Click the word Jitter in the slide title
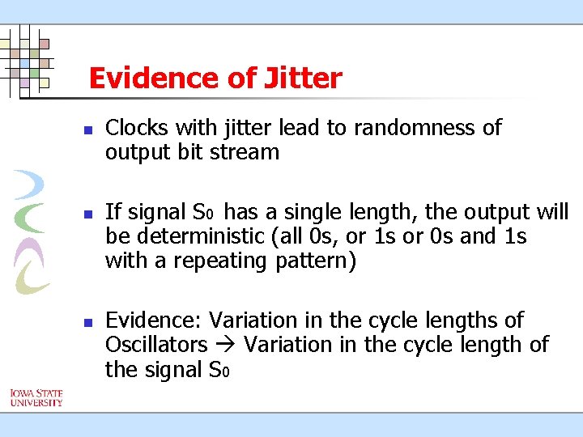coord(303,78)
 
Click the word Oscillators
coord(156,345)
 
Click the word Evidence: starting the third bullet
coord(156,320)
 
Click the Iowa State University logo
coord(36,397)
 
